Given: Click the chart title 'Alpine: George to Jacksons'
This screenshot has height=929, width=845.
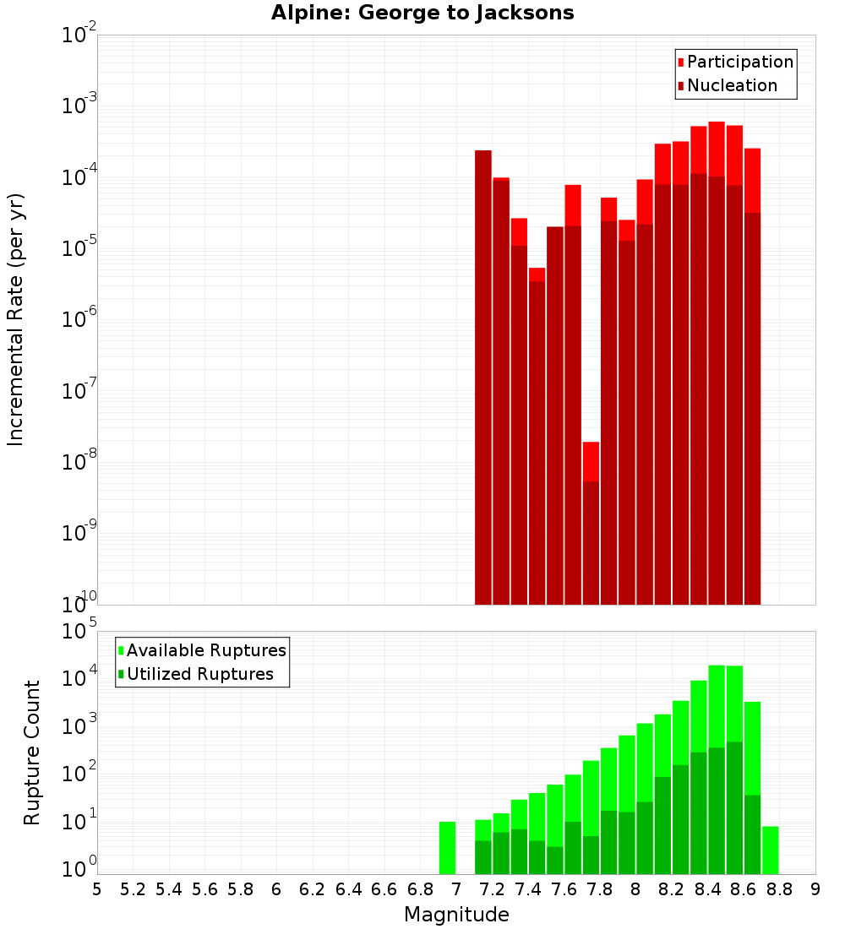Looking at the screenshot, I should pos(422,14).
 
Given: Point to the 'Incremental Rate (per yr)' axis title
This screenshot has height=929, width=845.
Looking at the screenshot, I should pos(16,319).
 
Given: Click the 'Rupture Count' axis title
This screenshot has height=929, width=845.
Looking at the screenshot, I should pos(32,752).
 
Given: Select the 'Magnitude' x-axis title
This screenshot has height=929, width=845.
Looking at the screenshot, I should pos(456,915).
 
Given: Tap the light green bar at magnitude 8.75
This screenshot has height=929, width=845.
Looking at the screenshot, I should pos(770,850).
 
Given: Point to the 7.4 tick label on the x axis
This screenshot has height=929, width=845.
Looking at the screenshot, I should pos(528,889).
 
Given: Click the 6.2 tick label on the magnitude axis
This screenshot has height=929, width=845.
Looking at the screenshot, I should pos(313,889).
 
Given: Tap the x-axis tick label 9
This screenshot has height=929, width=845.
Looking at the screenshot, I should pos(815,889).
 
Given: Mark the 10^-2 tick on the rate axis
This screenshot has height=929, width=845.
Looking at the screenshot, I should pos(79,35).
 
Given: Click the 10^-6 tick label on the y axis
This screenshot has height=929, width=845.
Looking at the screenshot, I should pos(79,320).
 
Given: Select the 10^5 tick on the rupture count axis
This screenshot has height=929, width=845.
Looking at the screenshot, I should pos(79,632).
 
